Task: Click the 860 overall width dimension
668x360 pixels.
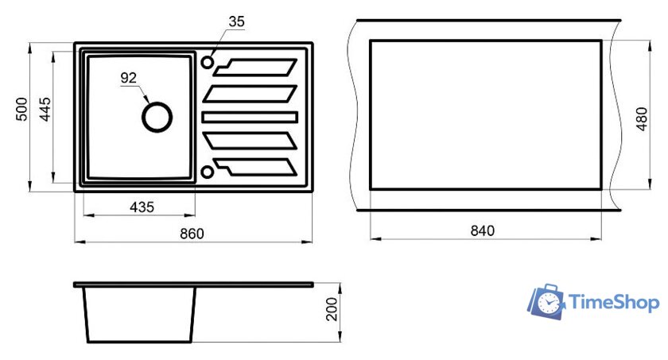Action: point(192,234)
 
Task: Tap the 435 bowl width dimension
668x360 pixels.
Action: point(142,207)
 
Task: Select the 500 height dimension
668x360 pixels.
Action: point(21,110)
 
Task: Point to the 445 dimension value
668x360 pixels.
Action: point(45,110)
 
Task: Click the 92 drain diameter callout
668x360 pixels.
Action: point(129,78)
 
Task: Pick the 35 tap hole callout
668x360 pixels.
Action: point(236,21)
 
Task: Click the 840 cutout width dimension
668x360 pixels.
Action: point(482,230)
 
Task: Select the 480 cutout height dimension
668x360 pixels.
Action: point(642,119)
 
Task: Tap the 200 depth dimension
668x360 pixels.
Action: point(331,309)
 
